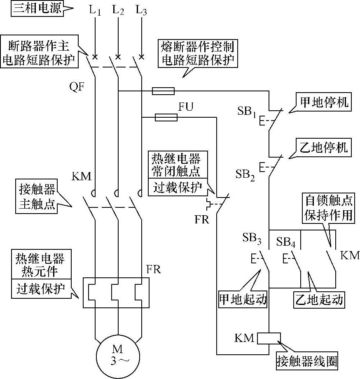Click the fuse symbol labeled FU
[166, 118]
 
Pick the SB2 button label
[246, 174]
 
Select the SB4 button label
[286, 241]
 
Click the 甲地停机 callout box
[322, 102]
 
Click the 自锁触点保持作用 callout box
[328, 207]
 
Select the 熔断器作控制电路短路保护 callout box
[198, 53]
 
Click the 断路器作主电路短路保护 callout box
[39, 52]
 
